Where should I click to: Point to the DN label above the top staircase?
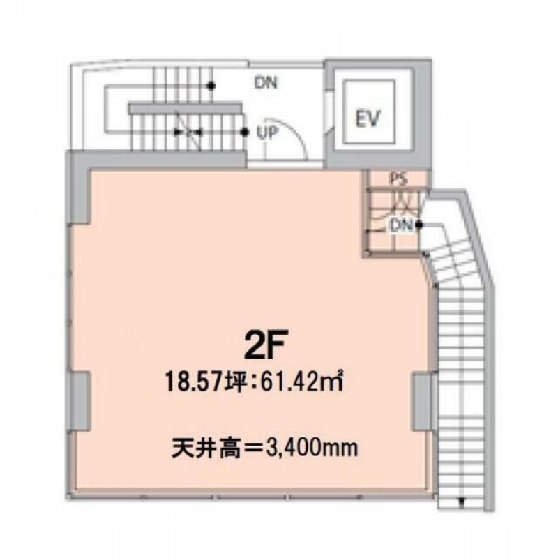tap(266, 84)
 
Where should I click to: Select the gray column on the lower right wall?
tap(422, 402)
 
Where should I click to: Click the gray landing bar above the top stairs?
tap(187, 107)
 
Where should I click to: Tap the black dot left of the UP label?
tap(243, 130)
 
